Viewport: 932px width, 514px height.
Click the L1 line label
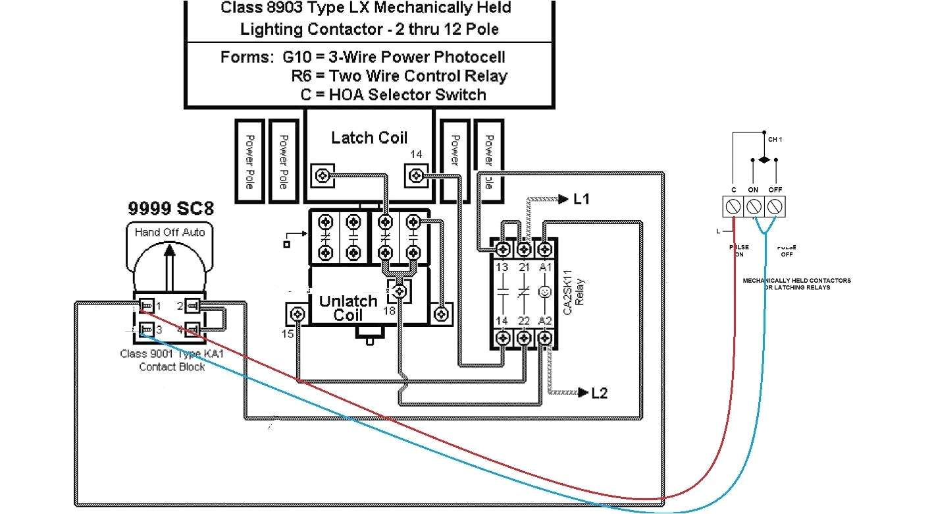(x=581, y=199)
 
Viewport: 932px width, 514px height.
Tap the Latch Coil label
(x=369, y=138)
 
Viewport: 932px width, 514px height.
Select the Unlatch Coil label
(x=348, y=308)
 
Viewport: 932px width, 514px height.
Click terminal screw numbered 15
(x=298, y=314)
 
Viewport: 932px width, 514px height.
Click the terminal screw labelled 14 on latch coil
(x=416, y=176)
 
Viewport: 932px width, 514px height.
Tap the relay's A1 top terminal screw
(x=544, y=249)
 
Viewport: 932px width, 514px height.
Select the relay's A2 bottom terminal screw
(x=544, y=337)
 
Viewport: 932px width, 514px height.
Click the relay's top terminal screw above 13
(x=503, y=249)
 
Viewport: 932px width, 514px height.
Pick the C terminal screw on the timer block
(x=733, y=208)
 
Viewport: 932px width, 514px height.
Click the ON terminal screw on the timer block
(x=754, y=208)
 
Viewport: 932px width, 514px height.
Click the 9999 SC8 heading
(x=170, y=209)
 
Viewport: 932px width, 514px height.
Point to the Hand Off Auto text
(x=170, y=232)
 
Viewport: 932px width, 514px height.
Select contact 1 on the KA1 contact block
(x=147, y=306)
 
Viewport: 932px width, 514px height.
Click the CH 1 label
(x=775, y=140)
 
